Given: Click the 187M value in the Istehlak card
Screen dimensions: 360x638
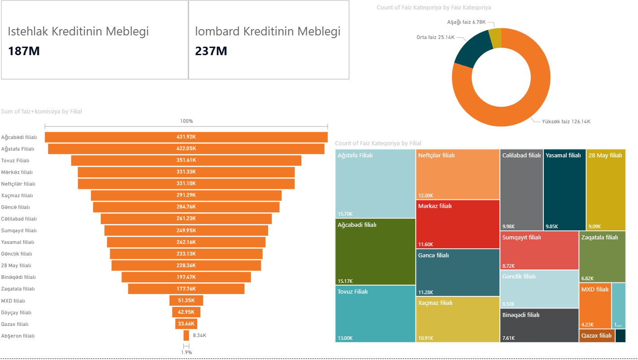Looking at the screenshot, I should tap(24, 51).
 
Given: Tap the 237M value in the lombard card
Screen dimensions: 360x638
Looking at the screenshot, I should tap(211, 51).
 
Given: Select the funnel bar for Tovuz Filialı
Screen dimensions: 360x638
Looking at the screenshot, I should tap(186, 160).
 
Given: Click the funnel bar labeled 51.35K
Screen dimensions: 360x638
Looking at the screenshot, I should tap(186, 300).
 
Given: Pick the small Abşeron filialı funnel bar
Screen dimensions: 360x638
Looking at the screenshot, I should tap(186, 335).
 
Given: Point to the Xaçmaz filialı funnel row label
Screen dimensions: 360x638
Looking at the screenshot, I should tap(17, 195).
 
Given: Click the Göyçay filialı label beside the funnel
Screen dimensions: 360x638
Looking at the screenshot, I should tap(16, 312).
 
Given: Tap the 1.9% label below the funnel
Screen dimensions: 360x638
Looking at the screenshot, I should tap(187, 352).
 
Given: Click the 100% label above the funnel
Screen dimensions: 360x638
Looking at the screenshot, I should tap(187, 121).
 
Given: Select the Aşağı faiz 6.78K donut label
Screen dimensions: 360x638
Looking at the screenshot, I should tap(466, 22).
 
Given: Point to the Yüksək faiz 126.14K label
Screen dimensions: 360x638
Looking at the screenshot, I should tap(566, 121).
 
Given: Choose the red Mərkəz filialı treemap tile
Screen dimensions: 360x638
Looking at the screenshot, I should tap(458, 224).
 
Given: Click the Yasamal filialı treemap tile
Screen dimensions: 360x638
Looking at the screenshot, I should tap(564, 190).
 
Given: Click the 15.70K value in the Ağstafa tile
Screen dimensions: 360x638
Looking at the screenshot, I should tap(345, 214).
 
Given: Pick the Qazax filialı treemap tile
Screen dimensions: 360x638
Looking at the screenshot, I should tap(597, 336).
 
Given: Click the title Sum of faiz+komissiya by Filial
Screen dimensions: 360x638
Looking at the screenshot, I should tap(42, 112).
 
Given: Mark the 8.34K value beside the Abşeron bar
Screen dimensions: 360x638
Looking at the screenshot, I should tap(200, 335).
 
